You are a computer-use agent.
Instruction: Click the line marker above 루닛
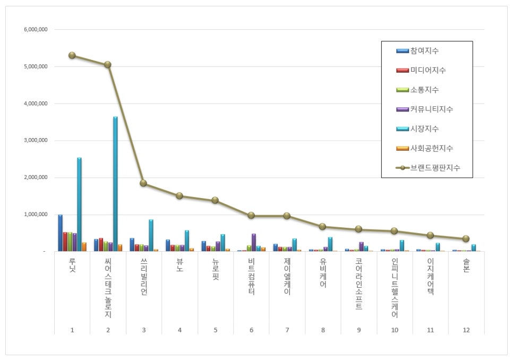point(72,55)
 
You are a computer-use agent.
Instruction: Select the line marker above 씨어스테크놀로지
point(108,65)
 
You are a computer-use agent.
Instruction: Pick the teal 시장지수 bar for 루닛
point(79,204)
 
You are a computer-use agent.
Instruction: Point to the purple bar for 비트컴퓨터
point(254,242)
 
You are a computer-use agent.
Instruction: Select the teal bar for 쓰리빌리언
point(151,235)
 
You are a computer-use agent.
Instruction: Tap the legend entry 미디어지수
point(428,70)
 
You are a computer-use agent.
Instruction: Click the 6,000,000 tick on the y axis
point(36,30)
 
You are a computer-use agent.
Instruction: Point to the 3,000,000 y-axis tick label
point(36,141)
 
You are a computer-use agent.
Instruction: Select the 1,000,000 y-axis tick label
point(36,215)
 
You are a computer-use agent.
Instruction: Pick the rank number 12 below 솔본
point(466,330)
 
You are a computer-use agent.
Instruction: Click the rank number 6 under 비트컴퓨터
point(251,330)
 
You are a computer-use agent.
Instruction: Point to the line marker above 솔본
point(466,239)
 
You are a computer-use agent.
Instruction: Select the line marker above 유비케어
point(323,227)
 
